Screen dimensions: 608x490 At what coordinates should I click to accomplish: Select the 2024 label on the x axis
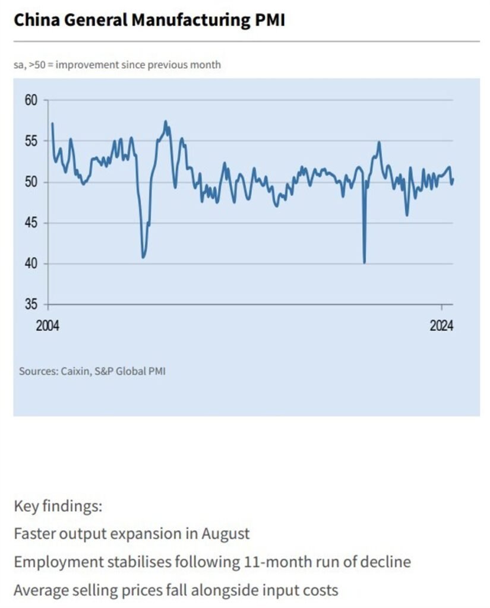pos(441,326)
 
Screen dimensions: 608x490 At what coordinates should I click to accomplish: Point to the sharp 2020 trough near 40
pos(364,262)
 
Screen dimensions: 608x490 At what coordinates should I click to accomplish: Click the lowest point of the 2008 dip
pos(143,256)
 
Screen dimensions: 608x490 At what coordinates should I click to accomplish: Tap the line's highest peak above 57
pos(166,122)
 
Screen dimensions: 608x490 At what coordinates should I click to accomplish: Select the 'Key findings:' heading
pos(58,506)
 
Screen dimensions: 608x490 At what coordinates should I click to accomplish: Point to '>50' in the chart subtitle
pos(34,65)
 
